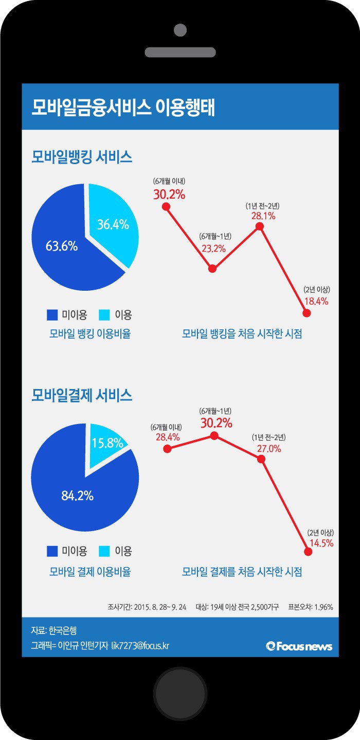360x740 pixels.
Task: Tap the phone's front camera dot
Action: click(180, 30)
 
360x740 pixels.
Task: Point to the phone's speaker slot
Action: click(180, 52)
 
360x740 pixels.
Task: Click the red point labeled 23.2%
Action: click(213, 268)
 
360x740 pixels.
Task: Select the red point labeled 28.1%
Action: click(260, 226)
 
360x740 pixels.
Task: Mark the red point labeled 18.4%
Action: click(307, 313)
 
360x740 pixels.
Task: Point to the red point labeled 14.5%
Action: click(309, 552)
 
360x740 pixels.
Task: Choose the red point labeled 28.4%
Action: click(167, 449)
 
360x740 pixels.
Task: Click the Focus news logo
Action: click(299, 646)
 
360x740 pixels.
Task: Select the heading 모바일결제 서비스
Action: click(82, 396)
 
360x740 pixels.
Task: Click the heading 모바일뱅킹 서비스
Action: click(82, 157)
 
